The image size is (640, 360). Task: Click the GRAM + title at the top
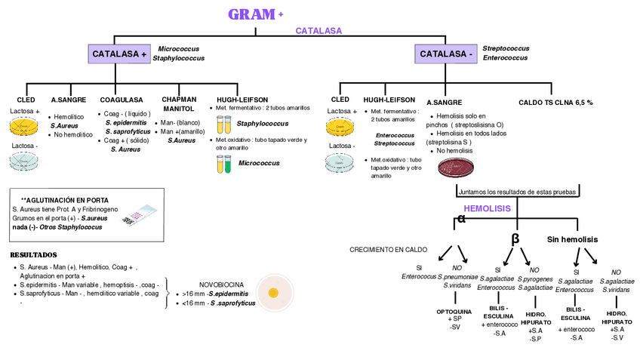pyautogui.click(x=255, y=14)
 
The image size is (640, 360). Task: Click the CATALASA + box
pyautogui.click(x=119, y=54)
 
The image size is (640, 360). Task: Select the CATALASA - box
pyautogui.click(x=446, y=54)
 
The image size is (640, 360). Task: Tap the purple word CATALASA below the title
pyautogui.click(x=318, y=31)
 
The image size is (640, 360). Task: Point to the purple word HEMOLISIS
pyautogui.click(x=487, y=208)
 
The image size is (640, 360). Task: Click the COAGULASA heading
pyautogui.click(x=122, y=100)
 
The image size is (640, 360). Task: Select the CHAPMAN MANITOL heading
pyautogui.click(x=179, y=104)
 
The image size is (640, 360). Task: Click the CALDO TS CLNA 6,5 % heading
pyautogui.click(x=555, y=102)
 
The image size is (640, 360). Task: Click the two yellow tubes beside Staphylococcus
pyautogui.click(x=223, y=124)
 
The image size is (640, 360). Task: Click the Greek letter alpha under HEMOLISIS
pyautogui.click(x=462, y=220)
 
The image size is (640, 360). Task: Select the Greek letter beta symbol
pyautogui.click(x=515, y=238)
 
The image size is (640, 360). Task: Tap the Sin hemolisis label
pyautogui.click(x=572, y=239)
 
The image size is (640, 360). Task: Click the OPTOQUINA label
pyautogui.click(x=454, y=311)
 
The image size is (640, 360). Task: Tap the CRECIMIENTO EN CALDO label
pyautogui.click(x=388, y=249)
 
